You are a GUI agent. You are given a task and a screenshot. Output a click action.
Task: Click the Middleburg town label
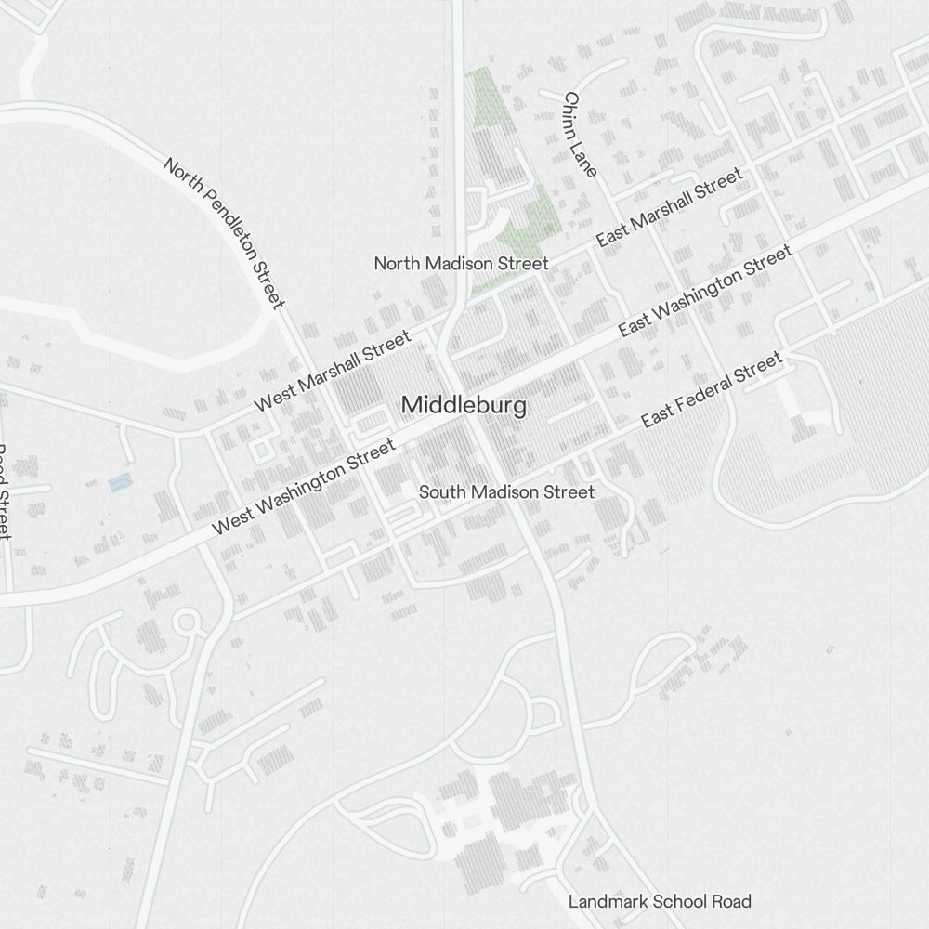(464, 406)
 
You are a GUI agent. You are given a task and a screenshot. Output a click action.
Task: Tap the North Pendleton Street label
(224, 232)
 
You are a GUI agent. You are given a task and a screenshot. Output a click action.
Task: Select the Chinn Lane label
(580, 134)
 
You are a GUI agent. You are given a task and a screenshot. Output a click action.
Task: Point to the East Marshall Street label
(669, 207)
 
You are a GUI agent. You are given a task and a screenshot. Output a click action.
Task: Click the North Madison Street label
(461, 264)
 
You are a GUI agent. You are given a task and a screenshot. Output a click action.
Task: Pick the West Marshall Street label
(333, 370)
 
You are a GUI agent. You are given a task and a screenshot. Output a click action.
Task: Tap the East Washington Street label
(705, 290)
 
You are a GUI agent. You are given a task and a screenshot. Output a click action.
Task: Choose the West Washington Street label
(305, 487)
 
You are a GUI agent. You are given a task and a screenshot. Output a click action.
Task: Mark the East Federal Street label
(713, 389)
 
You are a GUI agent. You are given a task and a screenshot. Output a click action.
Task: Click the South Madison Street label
(506, 492)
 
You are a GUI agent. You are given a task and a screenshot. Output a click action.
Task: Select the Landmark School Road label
(660, 901)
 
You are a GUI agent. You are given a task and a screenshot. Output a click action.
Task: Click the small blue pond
(119, 482)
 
